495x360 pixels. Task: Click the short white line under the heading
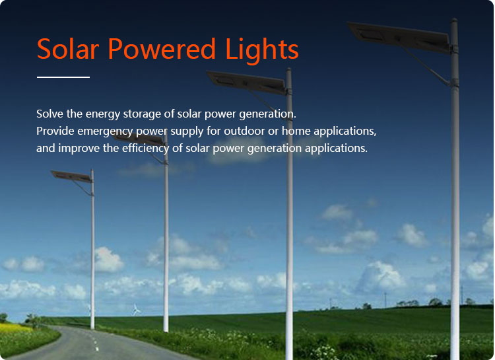point(63,77)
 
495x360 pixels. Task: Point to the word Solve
point(50,114)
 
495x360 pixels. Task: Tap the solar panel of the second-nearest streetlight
point(245,83)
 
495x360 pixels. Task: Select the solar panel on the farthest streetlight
point(71,176)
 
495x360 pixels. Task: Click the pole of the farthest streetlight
point(92,264)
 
